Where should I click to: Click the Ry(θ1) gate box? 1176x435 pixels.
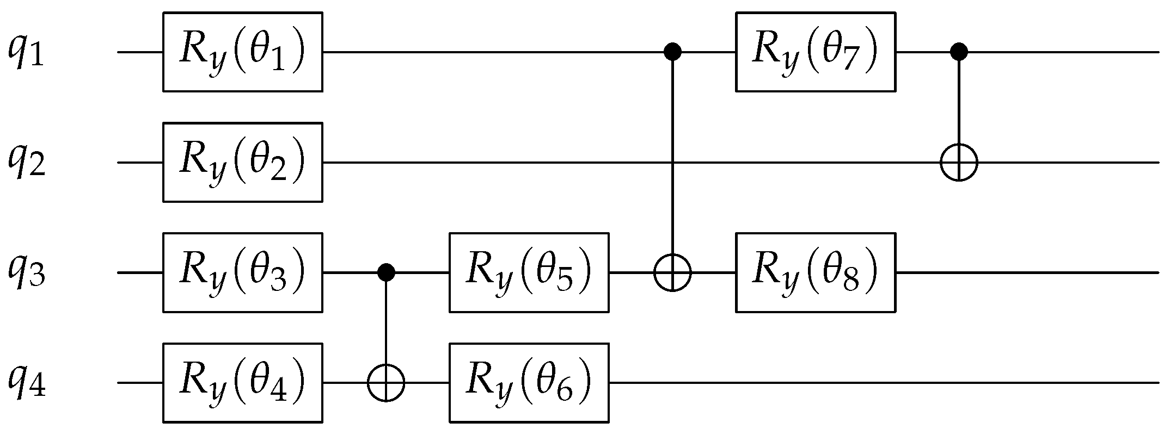243,52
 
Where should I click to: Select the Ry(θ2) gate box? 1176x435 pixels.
243,162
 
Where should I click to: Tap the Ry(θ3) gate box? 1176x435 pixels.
243,272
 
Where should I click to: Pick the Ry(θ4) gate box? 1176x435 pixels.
243,383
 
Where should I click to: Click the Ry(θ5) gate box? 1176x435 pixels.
529,272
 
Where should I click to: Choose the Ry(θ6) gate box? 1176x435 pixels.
529,383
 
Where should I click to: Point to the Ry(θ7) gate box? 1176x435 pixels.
816,52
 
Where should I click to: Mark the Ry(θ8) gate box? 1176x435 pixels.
816,272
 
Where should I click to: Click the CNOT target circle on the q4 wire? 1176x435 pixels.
386,383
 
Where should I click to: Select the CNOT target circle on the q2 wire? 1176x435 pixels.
959,162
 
